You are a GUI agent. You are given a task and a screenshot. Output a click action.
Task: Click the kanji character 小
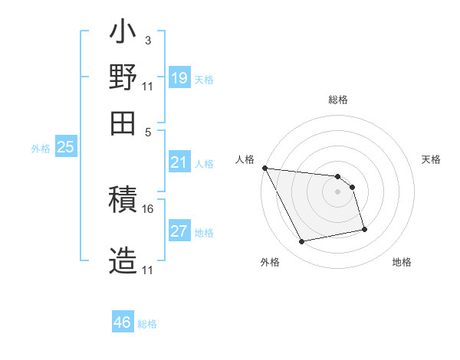[123, 34]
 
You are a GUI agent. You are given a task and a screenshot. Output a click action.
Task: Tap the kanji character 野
[123, 79]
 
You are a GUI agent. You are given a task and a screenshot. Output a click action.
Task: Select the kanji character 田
[123, 122]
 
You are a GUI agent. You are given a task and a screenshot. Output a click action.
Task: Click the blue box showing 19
[179, 78]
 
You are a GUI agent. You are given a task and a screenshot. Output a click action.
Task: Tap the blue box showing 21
[179, 162]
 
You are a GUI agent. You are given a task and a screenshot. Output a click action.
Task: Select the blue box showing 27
[179, 231]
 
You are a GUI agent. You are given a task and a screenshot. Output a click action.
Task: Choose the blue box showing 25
[65, 147]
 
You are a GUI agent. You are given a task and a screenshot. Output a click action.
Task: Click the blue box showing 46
[122, 322]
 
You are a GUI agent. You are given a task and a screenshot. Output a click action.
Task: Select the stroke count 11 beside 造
[148, 270]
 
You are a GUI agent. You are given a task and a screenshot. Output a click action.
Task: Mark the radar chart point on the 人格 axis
[264, 168]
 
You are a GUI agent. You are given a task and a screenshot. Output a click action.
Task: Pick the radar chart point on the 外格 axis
[302, 242]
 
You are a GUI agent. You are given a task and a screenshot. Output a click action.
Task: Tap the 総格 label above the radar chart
[338, 100]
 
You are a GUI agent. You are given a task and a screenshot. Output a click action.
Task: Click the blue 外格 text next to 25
[40, 148]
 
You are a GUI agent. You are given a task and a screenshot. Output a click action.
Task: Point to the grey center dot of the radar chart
[338, 191]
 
